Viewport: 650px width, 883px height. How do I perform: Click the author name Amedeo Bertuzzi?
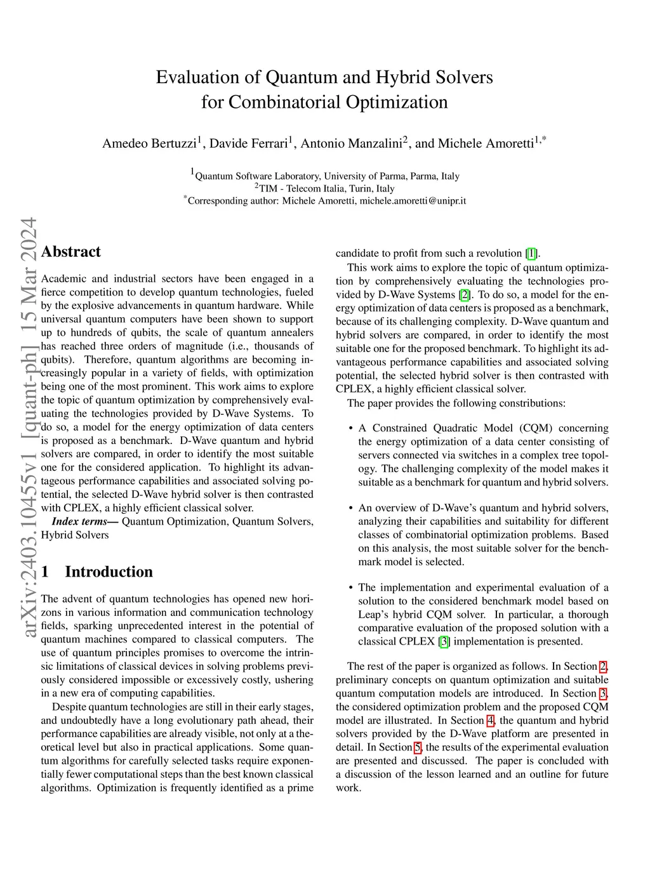click(x=150, y=143)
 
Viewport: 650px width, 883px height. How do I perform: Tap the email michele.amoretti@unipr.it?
click(x=413, y=200)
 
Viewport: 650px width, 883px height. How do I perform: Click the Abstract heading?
click(x=71, y=252)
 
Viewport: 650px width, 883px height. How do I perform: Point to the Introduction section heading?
click(x=109, y=572)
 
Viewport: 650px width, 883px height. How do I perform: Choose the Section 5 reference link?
click(x=417, y=747)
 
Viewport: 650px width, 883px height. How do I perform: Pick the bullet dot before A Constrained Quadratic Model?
click(x=351, y=428)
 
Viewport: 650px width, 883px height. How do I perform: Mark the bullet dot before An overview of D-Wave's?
click(x=351, y=508)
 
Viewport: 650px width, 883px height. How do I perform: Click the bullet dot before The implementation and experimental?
click(x=351, y=587)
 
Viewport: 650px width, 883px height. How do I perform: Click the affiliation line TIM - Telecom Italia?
click(x=324, y=188)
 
